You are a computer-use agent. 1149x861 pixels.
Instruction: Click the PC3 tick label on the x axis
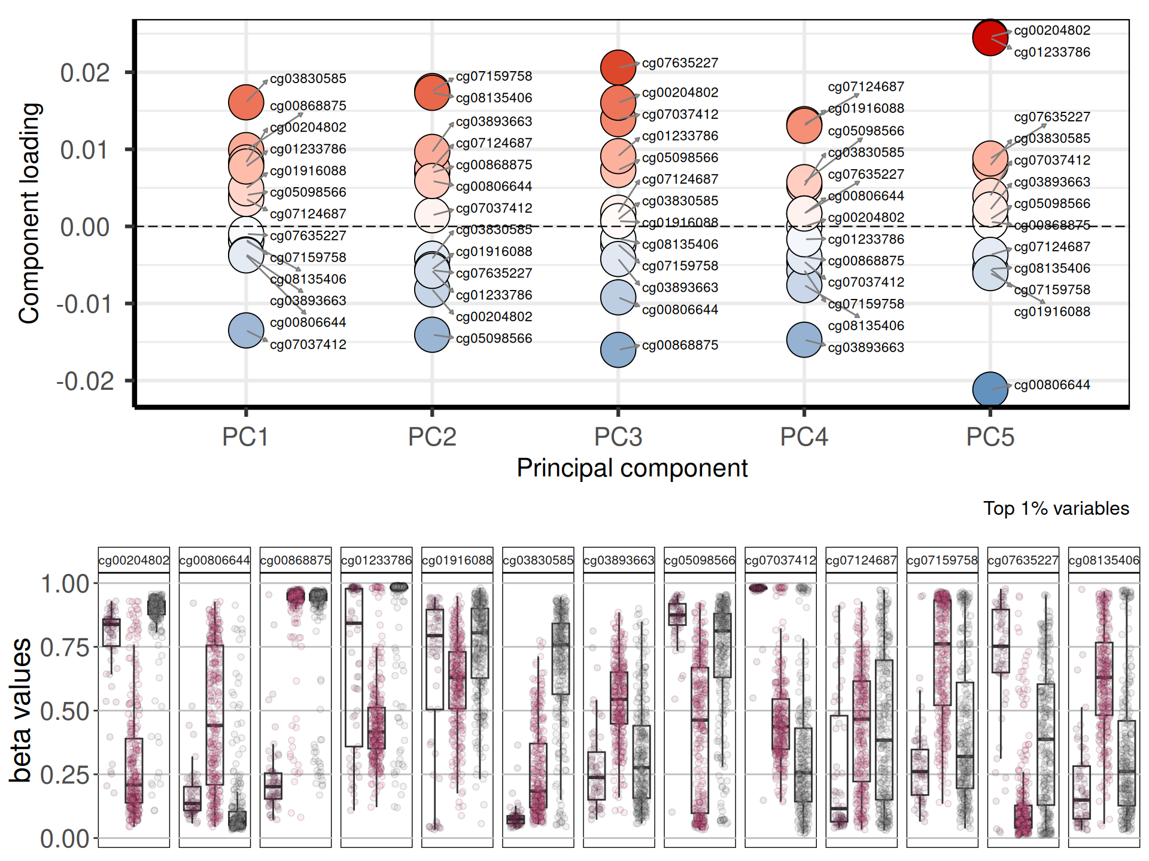(x=618, y=437)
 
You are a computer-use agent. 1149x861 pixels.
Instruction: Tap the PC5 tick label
(x=990, y=437)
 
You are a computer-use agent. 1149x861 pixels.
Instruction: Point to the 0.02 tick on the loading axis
(x=85, y=73)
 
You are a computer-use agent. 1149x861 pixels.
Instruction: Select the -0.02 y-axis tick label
(x=85, y=381)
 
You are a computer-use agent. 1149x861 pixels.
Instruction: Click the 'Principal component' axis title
(x=632, y=468)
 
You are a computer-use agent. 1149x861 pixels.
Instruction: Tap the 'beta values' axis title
(x=22, y=710)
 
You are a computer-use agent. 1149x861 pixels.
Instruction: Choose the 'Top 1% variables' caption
(x=1056, y=508)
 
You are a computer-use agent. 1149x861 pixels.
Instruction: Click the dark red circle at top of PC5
(x=990, y=38)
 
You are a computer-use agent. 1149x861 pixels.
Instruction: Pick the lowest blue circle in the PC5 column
(x=990, y=389)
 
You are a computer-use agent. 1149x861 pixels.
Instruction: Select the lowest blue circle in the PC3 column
(x=618, y=349)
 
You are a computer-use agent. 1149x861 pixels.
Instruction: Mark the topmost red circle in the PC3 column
(x=618, y=67)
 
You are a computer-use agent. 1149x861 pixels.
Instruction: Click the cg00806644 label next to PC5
(x=1051, y=385)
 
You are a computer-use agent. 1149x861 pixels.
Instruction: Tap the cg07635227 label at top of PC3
(x=680, y=63)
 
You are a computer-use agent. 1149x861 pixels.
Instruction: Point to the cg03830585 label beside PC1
(x=308, y=79)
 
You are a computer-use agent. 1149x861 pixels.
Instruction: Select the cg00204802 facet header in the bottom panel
(x=134, y=561)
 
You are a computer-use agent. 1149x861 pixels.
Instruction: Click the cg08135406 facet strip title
(x=1104, y=561)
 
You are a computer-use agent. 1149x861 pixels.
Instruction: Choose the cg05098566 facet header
(x=700, y=561)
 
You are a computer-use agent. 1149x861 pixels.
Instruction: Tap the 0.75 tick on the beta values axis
(x=64, y=648)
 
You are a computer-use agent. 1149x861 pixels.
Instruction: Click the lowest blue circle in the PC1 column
(x=246, y=330)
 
